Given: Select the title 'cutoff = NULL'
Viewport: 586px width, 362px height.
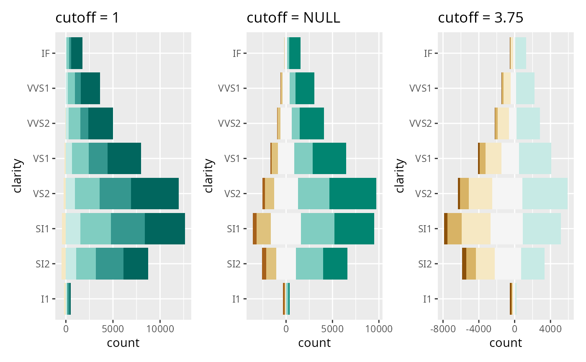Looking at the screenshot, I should [293, 18].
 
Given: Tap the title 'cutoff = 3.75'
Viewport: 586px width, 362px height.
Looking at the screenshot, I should [481, 18].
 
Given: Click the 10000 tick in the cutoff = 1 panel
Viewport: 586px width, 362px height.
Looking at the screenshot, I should [159, 329].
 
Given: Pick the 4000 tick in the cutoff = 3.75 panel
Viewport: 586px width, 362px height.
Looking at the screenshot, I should [550, 329].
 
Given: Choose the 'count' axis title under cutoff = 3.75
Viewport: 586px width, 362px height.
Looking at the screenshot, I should [506, 343].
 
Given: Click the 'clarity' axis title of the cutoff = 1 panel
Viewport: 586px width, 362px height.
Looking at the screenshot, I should [18, 176].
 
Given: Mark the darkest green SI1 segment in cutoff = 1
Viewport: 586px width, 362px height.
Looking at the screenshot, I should [164, 229].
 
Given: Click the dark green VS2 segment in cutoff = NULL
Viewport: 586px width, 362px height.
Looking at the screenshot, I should [352, 194].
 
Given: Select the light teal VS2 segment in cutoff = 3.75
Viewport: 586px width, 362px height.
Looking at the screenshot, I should [545, 194].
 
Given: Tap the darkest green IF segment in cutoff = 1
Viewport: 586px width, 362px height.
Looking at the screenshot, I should [77, 53].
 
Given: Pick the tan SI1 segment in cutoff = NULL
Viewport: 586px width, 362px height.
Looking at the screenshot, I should [264, 229].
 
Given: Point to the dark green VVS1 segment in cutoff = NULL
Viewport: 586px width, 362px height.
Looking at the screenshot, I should [305, 88].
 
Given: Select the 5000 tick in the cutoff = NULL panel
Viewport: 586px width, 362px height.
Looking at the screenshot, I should [332, 329].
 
